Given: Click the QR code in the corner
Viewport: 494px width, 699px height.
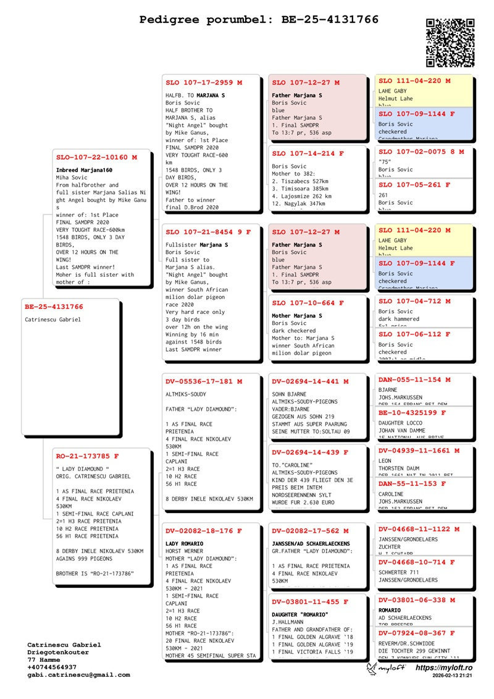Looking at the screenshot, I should [450, 43].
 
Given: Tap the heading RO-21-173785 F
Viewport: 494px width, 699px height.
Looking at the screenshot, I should [87, 456].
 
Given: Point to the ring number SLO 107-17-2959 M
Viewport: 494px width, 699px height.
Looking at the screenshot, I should [204, 82].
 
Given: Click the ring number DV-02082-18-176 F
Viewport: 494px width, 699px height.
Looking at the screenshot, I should [204, 531].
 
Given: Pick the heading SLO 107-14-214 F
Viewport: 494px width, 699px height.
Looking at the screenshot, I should [308, 153].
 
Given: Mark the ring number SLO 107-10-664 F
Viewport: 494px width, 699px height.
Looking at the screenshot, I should [308, 303].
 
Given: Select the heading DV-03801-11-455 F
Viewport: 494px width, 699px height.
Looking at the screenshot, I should [310, 601].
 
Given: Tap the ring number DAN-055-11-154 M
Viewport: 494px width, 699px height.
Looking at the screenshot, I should [414, 379].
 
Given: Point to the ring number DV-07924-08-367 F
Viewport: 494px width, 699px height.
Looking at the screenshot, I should [417, 633].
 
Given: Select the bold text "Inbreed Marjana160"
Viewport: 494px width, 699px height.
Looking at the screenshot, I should [84, 170].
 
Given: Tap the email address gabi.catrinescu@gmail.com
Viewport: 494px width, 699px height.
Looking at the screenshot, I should [78, 675].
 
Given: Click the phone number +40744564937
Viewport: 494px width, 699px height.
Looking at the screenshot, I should [52, 667].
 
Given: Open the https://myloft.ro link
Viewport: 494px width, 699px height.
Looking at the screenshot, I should [444, 668].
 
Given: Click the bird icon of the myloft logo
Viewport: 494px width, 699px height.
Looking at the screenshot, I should [372, 669].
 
